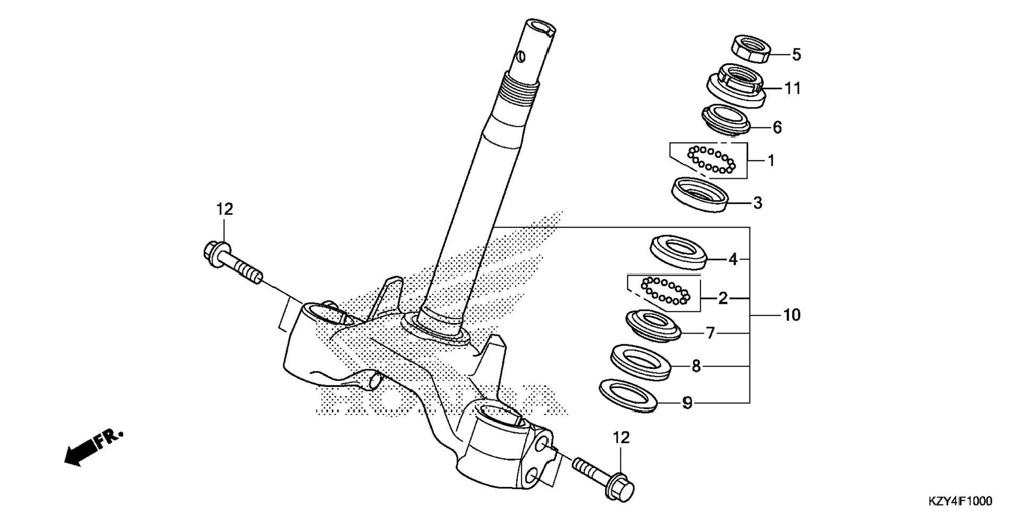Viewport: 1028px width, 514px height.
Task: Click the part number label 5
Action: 796,54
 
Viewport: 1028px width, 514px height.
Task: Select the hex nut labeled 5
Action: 751,48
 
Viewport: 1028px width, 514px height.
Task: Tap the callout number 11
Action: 793,88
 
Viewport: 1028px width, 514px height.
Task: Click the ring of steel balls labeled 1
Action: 711,160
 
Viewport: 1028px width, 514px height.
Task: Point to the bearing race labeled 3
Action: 700,194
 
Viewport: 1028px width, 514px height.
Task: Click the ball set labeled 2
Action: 666,292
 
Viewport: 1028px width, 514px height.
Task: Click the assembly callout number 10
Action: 791,315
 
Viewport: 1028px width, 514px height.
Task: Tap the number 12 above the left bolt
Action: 224,209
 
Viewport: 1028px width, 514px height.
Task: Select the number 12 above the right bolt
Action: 621,437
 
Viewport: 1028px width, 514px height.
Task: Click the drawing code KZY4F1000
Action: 959,501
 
